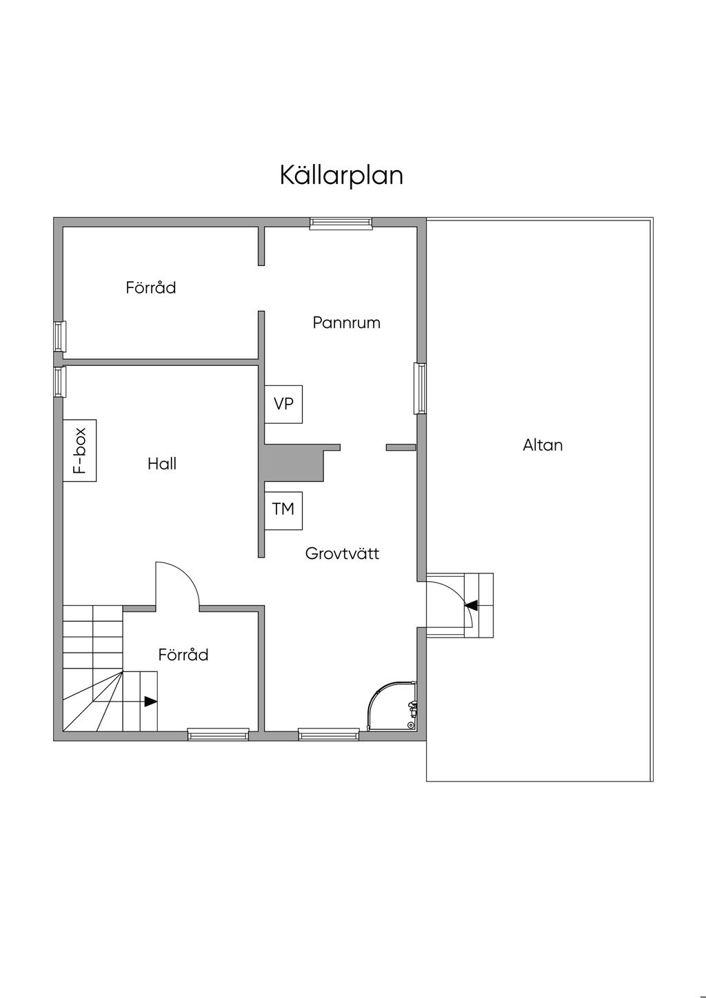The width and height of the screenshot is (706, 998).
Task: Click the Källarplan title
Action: pos(341,175)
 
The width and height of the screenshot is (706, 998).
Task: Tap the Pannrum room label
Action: pos(346,323)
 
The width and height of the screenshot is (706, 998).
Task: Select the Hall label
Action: pos(162,464)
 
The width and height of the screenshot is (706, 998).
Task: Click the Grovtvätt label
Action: pos(342,553)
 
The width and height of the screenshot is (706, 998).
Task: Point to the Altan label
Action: pos(543,445)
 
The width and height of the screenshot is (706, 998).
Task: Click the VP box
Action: pos(283,404)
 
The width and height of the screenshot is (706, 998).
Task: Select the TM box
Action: pos(283,509)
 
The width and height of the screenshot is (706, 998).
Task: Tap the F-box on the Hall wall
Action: pos(80,450)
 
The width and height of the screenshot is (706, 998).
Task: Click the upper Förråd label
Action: pos(151,287)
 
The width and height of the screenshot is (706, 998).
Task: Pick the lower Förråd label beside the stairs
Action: pos(183,655)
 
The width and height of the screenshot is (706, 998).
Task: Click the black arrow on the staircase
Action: pos(150,702)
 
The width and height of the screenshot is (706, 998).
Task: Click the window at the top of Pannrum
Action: pos(341,222)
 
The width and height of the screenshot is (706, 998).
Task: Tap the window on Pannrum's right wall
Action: pos(420,389)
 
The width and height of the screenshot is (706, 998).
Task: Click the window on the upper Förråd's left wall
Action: pos(60,336)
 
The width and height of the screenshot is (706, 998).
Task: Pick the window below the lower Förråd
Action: pos(219,735)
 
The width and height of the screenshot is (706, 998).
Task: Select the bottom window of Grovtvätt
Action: pos(329,735)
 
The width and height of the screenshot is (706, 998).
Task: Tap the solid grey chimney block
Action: pos(293,462)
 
